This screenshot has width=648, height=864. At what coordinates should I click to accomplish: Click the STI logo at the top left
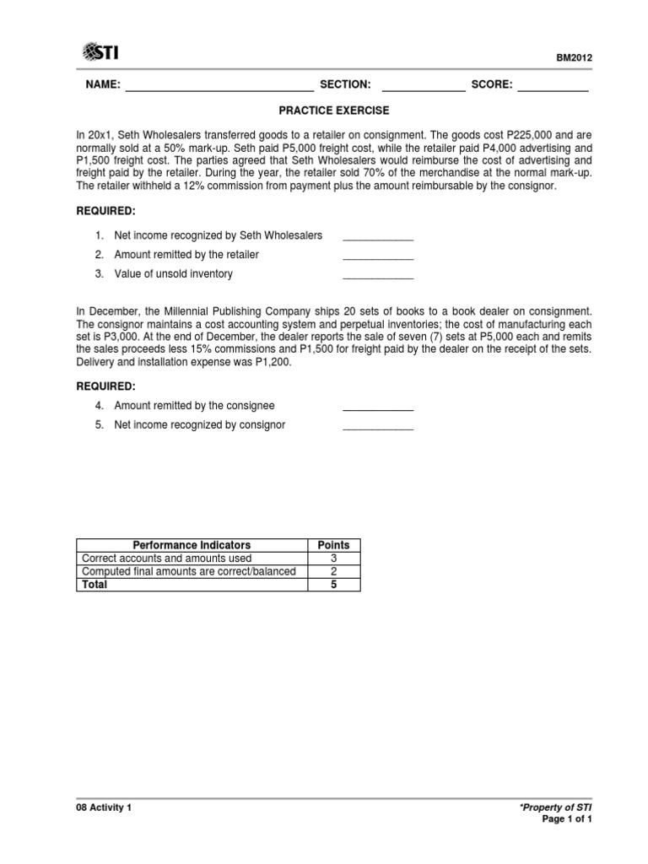coord(100,52)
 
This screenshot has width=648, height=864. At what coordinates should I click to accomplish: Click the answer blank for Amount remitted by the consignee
coord(377,408)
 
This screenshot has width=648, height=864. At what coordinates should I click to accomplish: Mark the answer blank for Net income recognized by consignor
coord(377,427)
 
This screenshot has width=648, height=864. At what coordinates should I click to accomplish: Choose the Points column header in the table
coord(332,545)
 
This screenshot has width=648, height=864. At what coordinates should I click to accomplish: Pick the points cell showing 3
coord(332,559)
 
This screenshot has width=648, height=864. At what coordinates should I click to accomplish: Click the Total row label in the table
coord(94,585)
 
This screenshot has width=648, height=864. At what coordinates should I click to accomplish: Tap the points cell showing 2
coord(332,571)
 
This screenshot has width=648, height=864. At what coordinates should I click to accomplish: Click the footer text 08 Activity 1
coord(104,807)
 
